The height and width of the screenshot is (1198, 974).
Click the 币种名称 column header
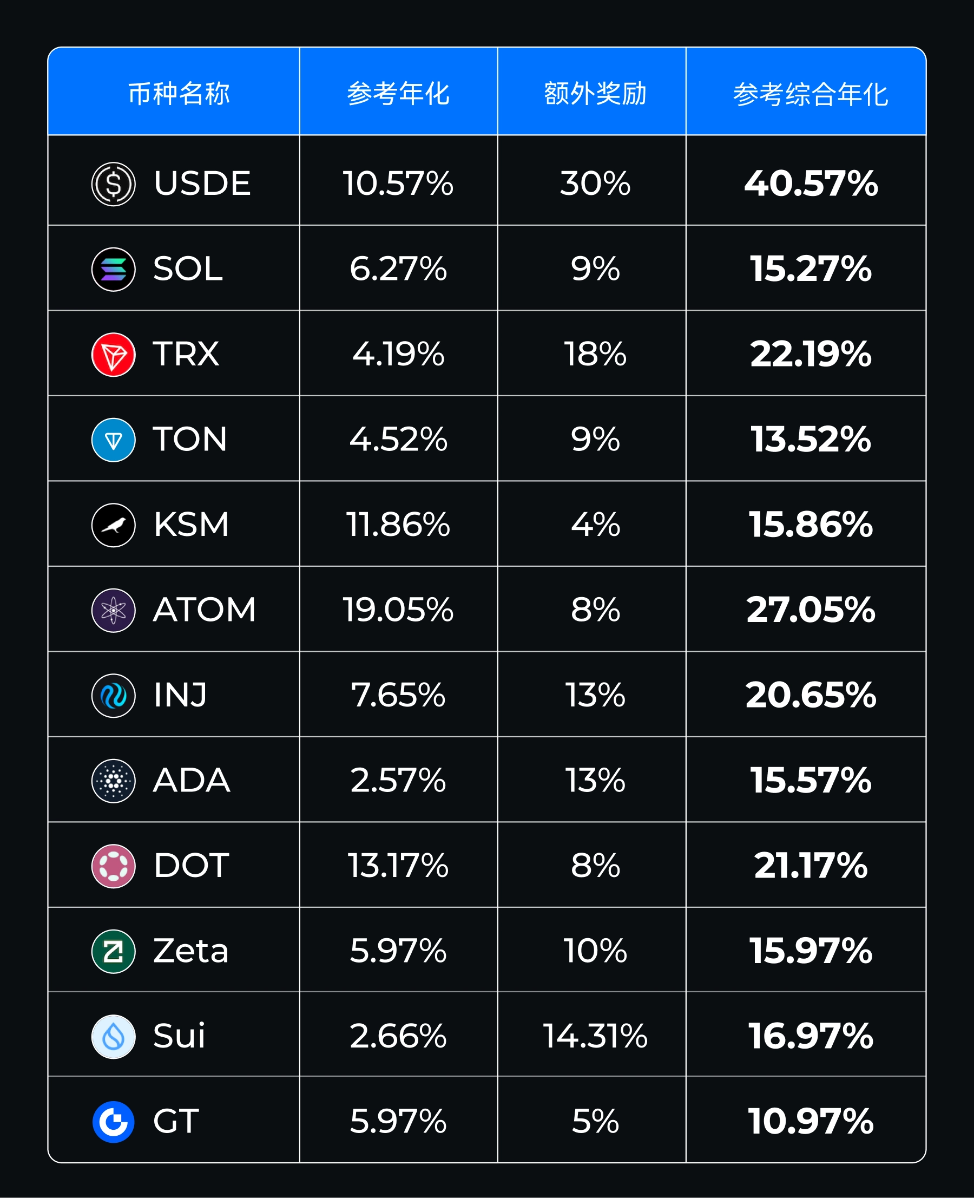179,93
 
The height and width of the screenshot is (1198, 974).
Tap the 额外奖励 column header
595,93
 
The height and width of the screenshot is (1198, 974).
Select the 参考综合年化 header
810,94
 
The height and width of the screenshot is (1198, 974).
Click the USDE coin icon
113,184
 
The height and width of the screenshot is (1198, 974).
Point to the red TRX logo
113,355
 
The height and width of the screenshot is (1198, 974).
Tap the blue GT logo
113,1122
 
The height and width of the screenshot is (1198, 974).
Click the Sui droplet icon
113,1036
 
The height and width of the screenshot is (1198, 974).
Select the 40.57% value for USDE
810,184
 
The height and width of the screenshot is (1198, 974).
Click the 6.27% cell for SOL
398,269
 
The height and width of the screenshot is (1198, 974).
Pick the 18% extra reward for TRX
595,354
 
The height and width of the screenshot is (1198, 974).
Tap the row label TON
189,439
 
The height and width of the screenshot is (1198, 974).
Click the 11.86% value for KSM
398,525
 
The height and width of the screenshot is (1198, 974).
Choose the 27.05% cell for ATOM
810,610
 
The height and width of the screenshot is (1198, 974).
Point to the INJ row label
180,695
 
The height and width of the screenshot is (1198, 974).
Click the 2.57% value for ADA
398,780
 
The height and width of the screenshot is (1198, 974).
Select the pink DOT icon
113,866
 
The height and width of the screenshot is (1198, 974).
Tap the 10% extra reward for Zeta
595,951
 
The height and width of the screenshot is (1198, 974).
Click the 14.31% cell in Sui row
595,1036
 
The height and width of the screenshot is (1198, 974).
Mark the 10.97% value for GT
810,1122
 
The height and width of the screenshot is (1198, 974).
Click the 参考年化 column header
398,93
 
